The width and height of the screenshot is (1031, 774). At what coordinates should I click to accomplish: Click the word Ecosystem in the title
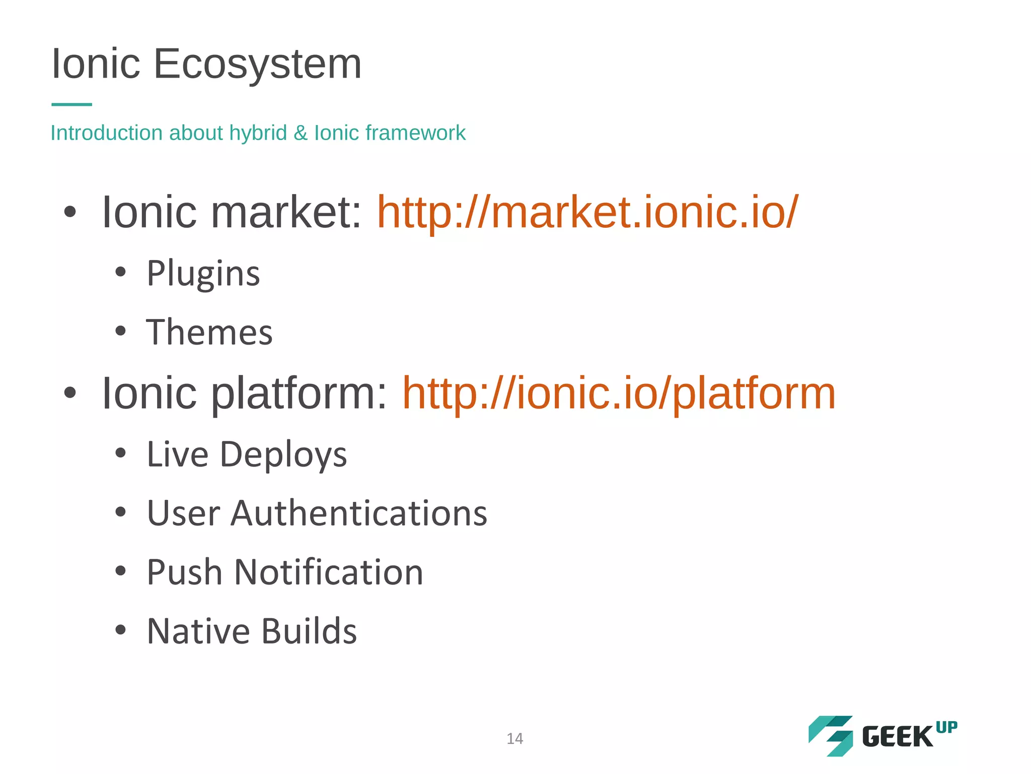point(257,64)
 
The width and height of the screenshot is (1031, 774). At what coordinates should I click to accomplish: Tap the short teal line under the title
point(71,104)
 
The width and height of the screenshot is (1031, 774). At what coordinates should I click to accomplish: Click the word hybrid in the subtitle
point(258,133)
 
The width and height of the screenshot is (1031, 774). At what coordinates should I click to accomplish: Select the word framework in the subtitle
point(415,133)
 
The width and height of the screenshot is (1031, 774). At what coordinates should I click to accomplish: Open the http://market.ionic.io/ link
point(587,212)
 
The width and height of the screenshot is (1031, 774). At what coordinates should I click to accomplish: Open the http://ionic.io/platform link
point(619,393)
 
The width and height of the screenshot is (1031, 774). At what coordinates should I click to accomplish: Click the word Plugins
point(203,274)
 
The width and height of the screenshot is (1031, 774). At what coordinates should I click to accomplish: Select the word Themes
point(209,333)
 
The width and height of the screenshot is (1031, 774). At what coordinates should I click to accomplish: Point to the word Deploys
point(283,455)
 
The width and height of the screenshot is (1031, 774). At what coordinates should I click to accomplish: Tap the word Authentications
point(359,513)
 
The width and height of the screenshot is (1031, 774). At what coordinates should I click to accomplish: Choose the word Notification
point(329,572)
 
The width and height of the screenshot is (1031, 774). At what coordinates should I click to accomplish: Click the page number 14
point(514,739)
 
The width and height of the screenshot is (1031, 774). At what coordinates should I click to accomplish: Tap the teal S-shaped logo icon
point(831,736)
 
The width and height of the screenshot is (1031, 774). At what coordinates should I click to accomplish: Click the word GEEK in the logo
point(898,737)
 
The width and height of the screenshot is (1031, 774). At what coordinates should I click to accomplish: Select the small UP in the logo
point(946,728)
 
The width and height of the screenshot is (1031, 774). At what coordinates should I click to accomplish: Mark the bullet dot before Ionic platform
point(70,393)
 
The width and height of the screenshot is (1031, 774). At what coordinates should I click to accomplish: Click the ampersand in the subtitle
point(301,133)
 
